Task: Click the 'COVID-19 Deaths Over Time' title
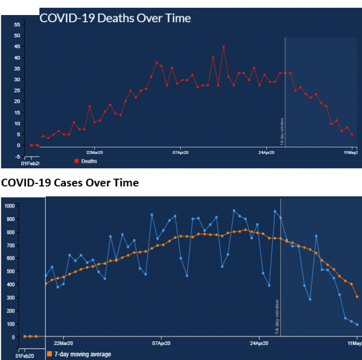point(115,18)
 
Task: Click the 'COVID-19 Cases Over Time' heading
point(69,183)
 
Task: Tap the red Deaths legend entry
point(85,161)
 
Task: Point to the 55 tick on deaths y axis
point(17,25)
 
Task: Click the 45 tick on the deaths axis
point(17,46)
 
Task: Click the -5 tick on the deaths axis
point(17,157)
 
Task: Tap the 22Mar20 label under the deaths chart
point(97,152)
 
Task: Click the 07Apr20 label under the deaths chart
point(182,152)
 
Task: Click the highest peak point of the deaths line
point(223,46)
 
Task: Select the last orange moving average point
point(357,297)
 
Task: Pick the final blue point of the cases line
point(357,324)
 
